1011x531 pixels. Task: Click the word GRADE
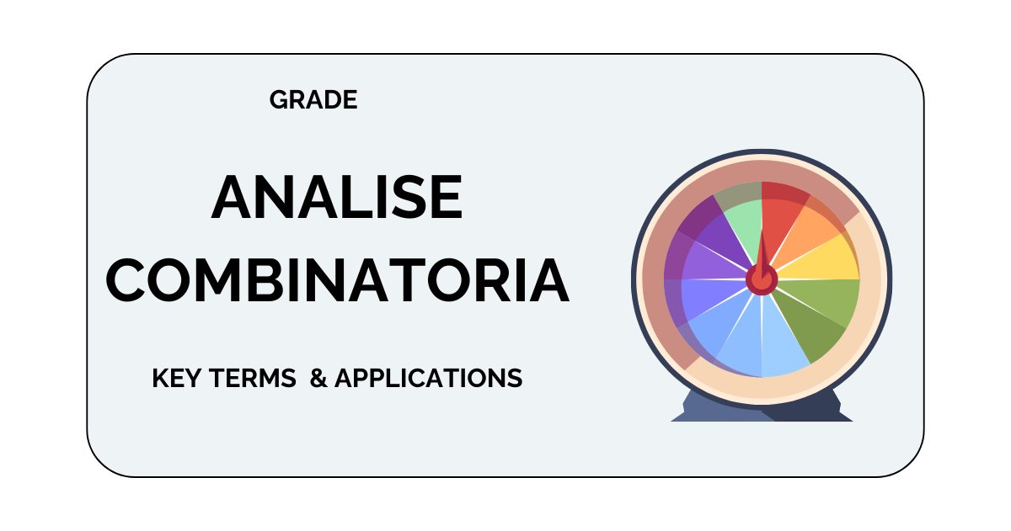click(x=313, y=99)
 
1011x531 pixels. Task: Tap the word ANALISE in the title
click(x=337, y=198)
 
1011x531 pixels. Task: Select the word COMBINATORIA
click(x=338, y=280)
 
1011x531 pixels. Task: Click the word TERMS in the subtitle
click(x=252, y=378)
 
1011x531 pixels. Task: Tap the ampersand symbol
click(x=318, y=378)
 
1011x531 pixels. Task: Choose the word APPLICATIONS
click(x=428, y=378)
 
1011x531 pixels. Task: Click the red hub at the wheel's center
click(x=762, y=280)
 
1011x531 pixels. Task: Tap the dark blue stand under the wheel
click(x=762, y=407)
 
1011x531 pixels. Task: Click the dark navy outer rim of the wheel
click(x=762, y=151)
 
